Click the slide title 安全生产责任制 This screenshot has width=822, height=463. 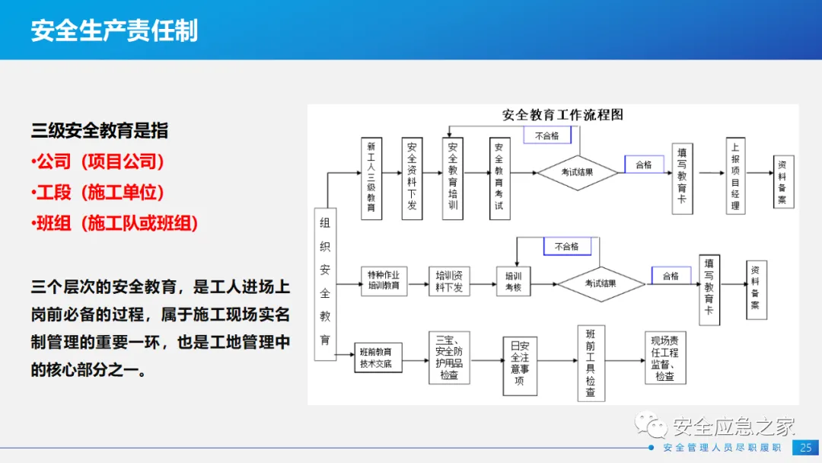pyautogui.click(x=114, y=30)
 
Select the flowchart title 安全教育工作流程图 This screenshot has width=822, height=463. pyautogui.click(x=562, y=115)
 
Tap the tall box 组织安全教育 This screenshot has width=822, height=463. pyautogui.click(x=325, y=283)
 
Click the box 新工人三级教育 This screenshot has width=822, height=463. pyautogui.click(x=371, y=177)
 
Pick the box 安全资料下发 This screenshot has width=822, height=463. pyautogui.click(x=412, y=177)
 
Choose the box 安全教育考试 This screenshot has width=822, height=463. pyautogui.click(x=499, y=177)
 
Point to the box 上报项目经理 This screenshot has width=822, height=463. pyautogui.click(x=735, y=176)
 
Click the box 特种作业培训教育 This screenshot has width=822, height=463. pyautogui.click(x=384, y=280)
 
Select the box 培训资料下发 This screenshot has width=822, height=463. pyautogui.click(x=449, y=280)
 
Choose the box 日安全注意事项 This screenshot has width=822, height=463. pyautogui.click(x=519, y=366)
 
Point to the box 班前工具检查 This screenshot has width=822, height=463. pyautogui.click(x=591, y=363)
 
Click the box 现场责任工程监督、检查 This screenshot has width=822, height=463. pyautogui.click(x=664, y=357)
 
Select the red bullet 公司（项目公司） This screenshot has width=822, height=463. pyautogui.click(x=98, y=161)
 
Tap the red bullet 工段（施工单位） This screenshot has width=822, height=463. pyautogui.click(x=98, y=193)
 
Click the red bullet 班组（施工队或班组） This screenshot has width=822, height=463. pyautogui.click(x=115, y=223)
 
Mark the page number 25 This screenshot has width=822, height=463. pyautogui.click(x=806, y=448)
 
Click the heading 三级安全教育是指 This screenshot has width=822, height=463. pyautogui.click(x=100, y=131)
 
